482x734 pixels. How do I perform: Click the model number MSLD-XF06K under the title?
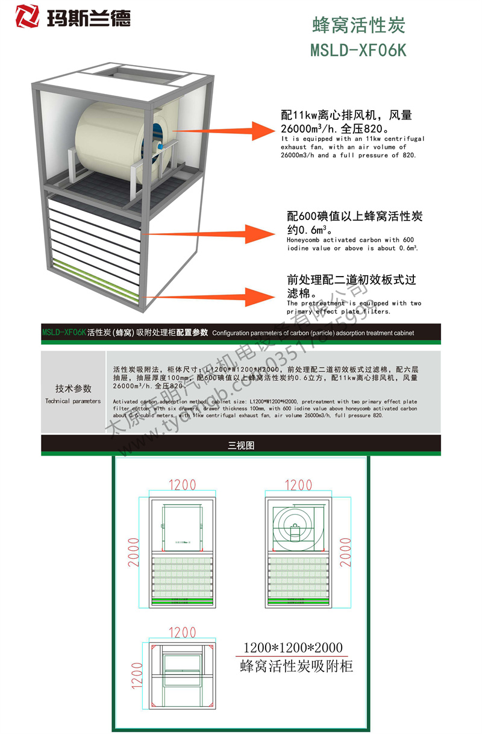point(358,50)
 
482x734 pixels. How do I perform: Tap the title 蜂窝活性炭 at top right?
point(358,25)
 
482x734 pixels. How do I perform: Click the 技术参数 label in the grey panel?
point(74,389)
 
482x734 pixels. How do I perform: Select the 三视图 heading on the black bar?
point(241,445)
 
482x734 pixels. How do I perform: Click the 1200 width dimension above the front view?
point(182,484)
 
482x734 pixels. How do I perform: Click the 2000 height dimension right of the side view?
point(345,551)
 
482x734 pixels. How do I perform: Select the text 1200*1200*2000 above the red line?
point(293,648)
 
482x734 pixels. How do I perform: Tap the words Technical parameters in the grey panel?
point(73,401)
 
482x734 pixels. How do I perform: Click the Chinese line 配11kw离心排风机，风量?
point(346,115)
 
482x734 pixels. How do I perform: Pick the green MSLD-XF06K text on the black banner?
point(63,332)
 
